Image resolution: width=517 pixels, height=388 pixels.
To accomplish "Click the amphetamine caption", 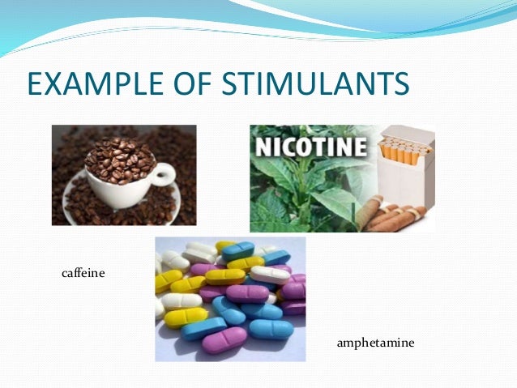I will [375, 343].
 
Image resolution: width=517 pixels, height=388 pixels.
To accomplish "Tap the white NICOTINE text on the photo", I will [312, 149].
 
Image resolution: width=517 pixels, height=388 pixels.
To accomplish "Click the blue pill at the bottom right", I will [271, 329].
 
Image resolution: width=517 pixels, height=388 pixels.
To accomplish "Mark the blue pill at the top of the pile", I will [238, 250].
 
